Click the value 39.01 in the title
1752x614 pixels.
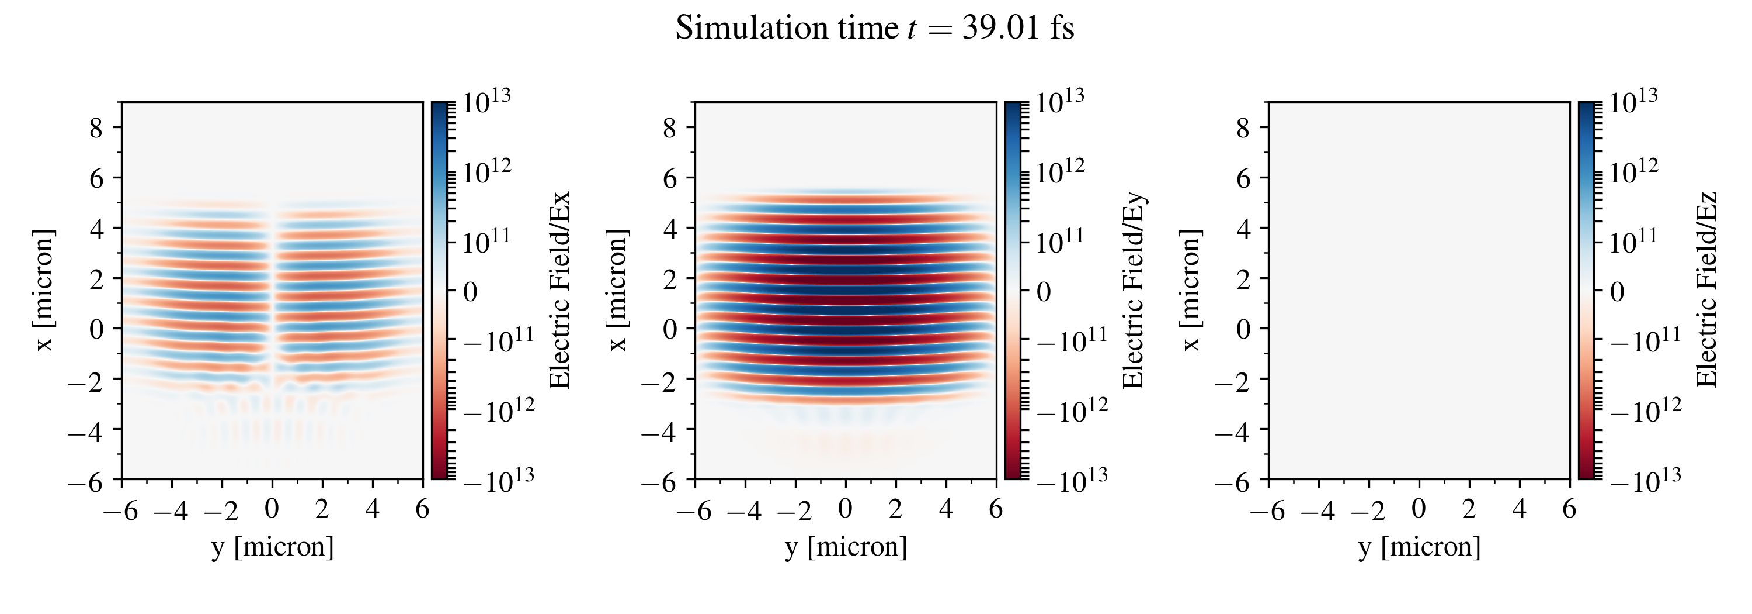tap(1000, 29)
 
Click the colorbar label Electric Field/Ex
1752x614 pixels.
tap(559, 291)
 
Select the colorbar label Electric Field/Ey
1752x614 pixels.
tap(1133, 291)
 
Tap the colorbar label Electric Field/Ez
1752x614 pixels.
tap(1706, 291)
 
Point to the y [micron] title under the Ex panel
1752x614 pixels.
tap(273, 547)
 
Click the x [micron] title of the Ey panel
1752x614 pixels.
tap(617, 291)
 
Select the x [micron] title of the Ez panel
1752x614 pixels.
tap(1190, 291)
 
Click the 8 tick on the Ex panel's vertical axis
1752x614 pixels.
tap(96, 128)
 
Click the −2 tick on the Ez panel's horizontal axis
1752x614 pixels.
tap(1368, 510)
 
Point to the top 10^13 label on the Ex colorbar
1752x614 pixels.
tap(486, 102)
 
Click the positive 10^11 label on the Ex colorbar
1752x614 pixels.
tap(486, 242)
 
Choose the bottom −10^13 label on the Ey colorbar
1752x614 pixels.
tap(1072, 480)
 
